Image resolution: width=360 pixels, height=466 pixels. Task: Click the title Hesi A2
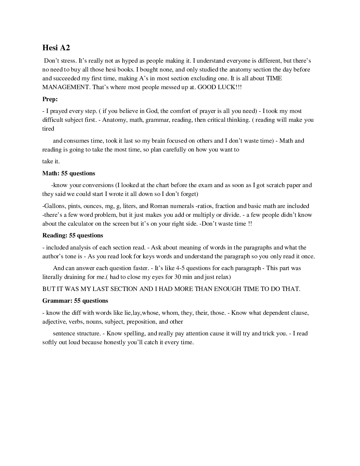(x=56, y=48)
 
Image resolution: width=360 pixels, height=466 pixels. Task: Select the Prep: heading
(x=50, y=99)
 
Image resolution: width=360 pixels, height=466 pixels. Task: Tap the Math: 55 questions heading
(x=69, y=173)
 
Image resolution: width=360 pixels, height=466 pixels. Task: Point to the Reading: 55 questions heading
(x=73, y=235)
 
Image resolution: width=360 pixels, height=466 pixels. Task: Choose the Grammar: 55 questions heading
(x=75, y=301)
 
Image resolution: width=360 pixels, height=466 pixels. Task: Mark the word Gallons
(x=54, y=206)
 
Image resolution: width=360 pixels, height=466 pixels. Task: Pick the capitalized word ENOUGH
(x=228, y=289)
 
